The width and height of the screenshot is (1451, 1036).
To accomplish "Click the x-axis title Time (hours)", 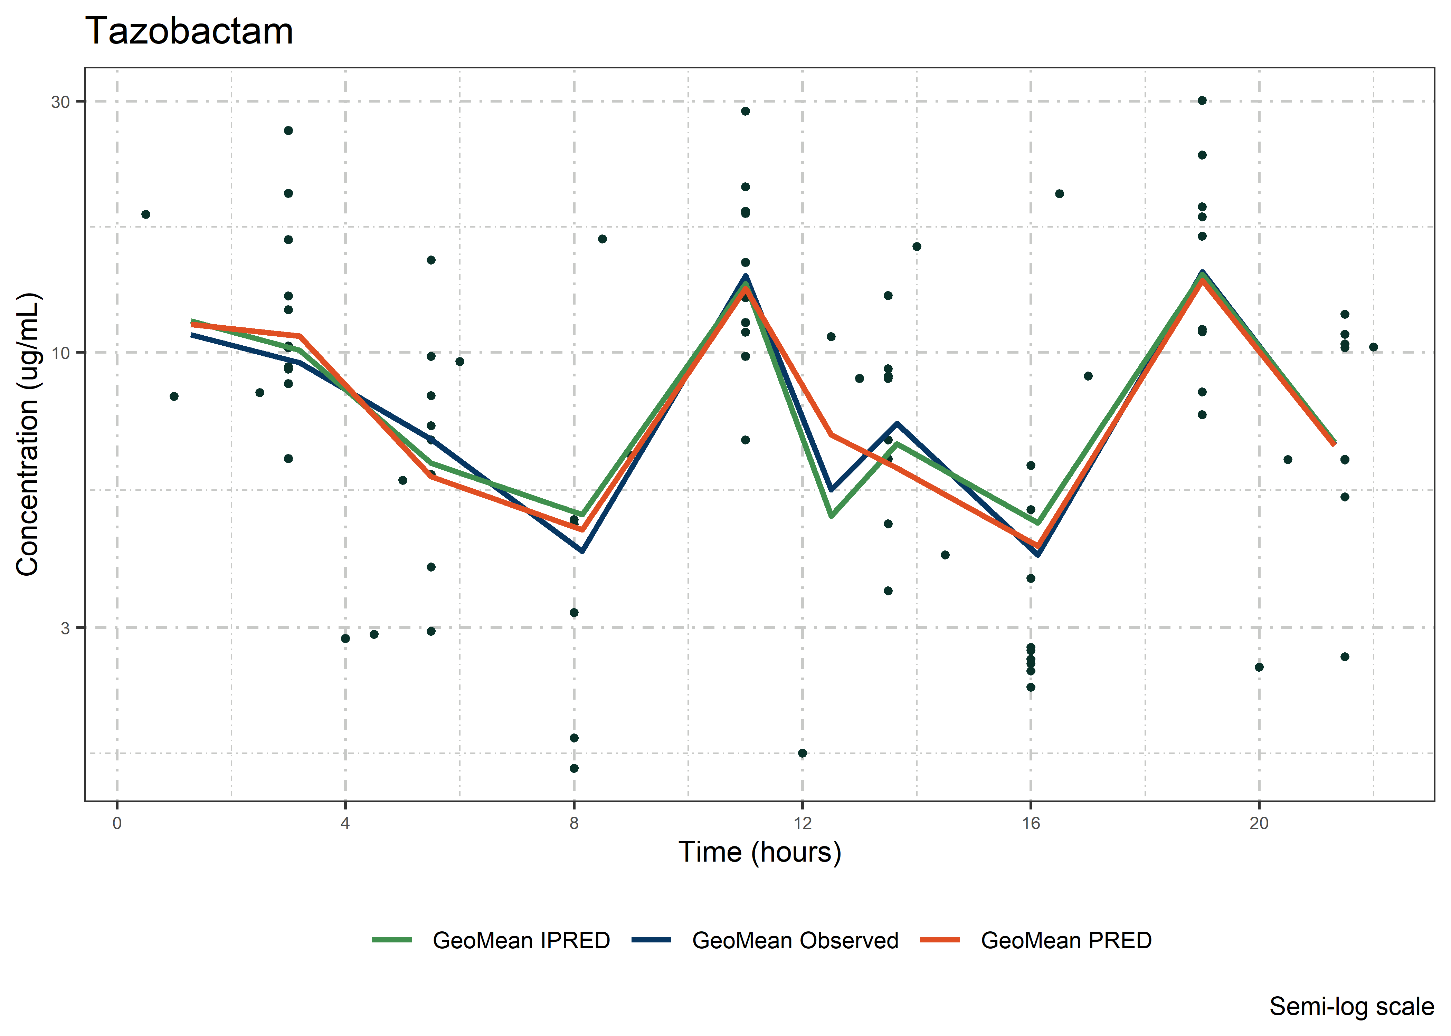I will [x=759, y=852].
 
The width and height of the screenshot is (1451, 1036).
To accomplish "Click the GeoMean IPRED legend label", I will [x=521, y=940].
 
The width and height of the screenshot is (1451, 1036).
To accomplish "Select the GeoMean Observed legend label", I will [x=795, y=940].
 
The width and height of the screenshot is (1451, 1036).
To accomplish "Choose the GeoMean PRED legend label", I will [x=1065, y=940].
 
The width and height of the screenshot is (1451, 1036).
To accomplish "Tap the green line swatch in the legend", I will [x=392, y=940].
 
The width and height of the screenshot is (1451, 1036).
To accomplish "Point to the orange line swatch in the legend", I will [x=940, y=940].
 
